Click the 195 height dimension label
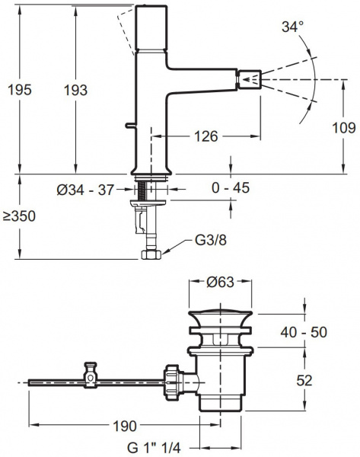[x=18, y=90]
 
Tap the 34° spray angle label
[x=291, y=27]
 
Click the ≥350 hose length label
[x=18, y=216]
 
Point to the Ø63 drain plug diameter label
[x=220, y=283]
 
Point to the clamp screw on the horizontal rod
[x=91, y=371]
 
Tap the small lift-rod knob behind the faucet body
[x=126, y=125]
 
